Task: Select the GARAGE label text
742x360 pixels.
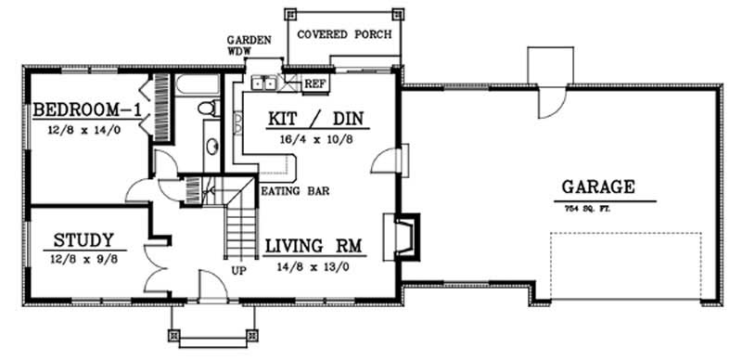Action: click(x=597, y=186)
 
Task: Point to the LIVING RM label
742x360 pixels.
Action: click(x=313, y=247)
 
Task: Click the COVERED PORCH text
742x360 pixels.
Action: click(x=344, y=34)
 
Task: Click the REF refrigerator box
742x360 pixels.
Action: click(x=315, y=84)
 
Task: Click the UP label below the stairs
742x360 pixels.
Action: click(x=237, y=270)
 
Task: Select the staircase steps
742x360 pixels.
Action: click(x=240, y=227)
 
